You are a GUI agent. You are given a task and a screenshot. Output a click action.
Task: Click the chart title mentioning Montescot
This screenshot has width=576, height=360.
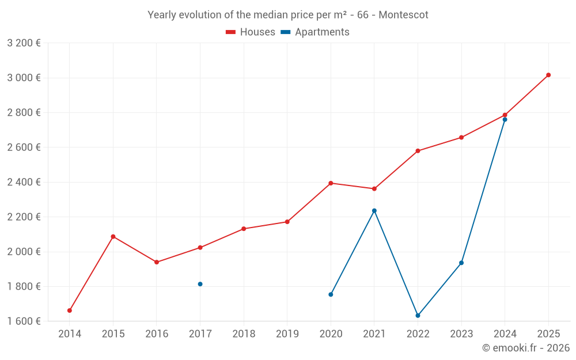[288, 15]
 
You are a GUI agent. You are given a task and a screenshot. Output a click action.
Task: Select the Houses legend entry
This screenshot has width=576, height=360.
[251, 32]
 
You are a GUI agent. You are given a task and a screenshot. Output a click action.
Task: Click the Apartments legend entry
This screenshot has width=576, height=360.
[315, 32]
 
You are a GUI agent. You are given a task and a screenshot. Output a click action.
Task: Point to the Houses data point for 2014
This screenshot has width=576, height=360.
[70, 310]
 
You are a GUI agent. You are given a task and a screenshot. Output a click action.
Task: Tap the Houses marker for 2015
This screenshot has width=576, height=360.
[113, 237]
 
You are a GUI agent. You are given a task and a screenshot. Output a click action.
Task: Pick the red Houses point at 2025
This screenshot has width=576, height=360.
[548, 75]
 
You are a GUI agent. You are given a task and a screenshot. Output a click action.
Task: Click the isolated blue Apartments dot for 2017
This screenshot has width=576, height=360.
[200, 284]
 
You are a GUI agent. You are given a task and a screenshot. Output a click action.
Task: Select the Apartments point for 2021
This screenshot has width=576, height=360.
[374, 211]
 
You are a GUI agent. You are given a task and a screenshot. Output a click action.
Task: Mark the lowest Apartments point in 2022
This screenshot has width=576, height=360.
[418, 316]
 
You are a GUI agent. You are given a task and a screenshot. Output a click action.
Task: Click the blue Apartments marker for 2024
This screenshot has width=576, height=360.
[505, 119]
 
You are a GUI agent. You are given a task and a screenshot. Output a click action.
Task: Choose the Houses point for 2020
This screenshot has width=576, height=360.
[331, 183]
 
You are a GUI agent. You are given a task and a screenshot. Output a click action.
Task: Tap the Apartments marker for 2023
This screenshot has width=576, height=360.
[461, 263]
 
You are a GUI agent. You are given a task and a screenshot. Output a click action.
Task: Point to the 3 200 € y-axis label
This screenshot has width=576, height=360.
[24, 43]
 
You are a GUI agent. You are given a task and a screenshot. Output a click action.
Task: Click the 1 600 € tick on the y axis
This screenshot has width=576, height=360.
[24, 321]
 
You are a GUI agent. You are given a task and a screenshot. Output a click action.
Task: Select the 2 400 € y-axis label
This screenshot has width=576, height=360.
[24, 182]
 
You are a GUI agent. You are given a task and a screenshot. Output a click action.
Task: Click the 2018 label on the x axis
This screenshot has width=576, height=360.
[244, 334]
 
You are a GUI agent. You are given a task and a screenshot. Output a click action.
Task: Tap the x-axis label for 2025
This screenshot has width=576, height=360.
[548, 334]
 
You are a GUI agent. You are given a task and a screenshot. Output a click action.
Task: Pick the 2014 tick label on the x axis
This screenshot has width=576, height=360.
[70, 334]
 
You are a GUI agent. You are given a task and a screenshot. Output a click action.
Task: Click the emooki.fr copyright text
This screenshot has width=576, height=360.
[525, 348]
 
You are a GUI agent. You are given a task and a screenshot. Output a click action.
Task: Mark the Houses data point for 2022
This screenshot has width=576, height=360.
[418, 151]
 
